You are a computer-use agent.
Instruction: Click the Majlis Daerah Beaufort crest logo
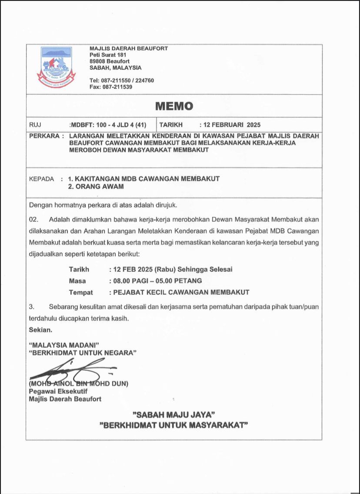point(56,67)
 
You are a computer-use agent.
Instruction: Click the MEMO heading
point(174,106)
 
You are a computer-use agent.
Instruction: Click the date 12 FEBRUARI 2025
point(233,125)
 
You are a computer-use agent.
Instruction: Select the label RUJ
point(35,125)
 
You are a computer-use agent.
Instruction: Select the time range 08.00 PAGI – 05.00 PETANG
point(157,281)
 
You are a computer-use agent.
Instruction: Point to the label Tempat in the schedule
point(81,292)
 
